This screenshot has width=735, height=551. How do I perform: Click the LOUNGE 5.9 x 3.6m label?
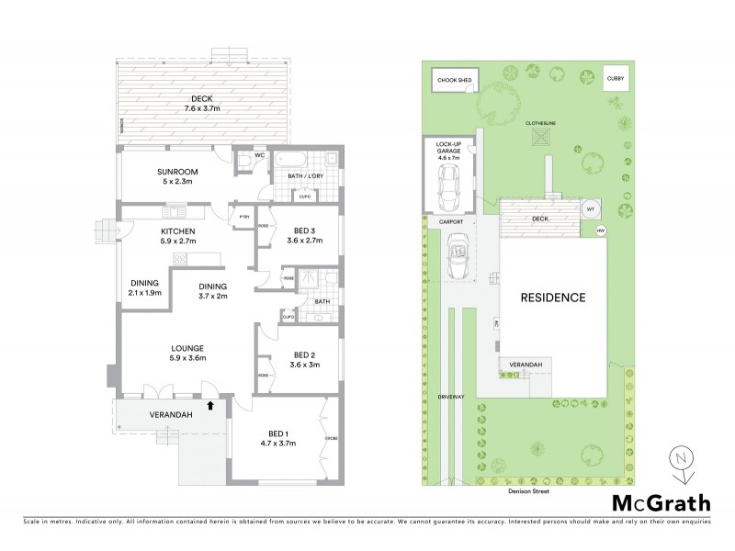(187, 353)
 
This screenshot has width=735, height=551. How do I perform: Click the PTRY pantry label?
(243, 218)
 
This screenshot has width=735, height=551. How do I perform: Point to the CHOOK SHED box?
(455, 81)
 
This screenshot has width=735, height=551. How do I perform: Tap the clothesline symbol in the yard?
(538, 138)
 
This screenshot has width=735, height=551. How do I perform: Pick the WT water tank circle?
(589, 208)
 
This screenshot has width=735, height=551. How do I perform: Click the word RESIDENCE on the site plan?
(554, 298)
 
